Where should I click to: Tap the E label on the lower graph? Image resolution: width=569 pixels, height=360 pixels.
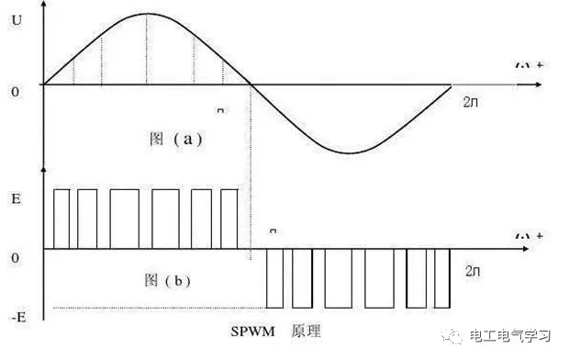coord(16,198)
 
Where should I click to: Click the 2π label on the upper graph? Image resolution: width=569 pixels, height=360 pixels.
coord(471,101)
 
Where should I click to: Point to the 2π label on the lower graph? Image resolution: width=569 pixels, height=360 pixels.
coord(471,273)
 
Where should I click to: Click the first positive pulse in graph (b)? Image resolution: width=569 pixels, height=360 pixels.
coord(61,219)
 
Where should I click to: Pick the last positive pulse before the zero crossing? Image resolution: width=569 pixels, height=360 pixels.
coord(229,219)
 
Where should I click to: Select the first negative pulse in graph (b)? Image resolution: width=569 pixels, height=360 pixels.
coord(274,278)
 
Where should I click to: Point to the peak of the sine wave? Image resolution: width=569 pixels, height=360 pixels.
coord(147,15)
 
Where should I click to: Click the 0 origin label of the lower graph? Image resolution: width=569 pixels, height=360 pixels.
coord(16,258)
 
